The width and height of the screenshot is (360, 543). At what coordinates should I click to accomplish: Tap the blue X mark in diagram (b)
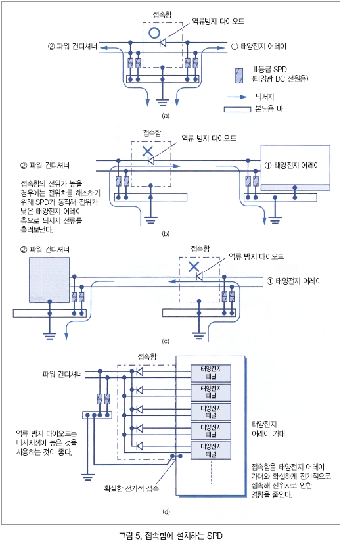click(148, 151)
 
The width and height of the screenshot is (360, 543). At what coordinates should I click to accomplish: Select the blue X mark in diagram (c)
click(194, 266)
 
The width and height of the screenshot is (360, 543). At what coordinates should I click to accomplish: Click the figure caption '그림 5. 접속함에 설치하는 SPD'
click(170, 536)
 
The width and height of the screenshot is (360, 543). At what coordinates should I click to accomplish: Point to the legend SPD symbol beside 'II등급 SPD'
click(239, 76)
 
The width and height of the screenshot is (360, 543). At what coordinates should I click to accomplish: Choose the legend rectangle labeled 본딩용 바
click(237, 110)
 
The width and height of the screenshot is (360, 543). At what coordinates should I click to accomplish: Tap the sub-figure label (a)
click(166, 116)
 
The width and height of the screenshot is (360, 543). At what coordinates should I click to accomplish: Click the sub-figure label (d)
click(166, 511)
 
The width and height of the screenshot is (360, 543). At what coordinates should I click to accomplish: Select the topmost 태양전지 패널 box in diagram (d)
click(211, 373)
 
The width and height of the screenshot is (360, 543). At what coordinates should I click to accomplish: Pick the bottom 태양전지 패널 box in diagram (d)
click(211, 450)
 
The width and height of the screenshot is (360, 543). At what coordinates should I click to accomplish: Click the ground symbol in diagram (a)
click(162, 102)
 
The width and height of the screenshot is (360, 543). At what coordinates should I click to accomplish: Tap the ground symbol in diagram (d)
click(87, 477)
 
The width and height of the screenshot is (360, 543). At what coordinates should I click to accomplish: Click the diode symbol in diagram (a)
click(163, 43)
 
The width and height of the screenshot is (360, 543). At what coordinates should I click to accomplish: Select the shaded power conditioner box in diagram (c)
click(49, 280)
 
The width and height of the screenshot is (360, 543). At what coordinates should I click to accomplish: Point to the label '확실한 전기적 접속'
click(131, 488)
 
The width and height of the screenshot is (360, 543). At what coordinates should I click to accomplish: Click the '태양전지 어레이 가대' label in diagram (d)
click(268, 429)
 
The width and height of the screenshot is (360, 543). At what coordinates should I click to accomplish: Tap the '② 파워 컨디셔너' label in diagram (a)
click(73, 46)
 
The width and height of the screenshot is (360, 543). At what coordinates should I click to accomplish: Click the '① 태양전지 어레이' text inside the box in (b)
click(292, 165)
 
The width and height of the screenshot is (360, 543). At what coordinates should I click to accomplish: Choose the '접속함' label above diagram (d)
click(146, 356)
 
